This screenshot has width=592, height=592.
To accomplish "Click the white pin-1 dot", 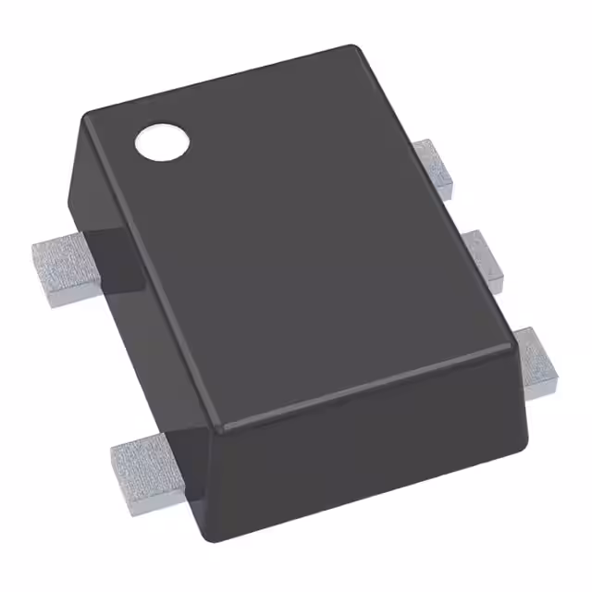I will click(x=162, y=142).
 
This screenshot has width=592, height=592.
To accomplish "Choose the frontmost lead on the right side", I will click(x=535, y=364).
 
